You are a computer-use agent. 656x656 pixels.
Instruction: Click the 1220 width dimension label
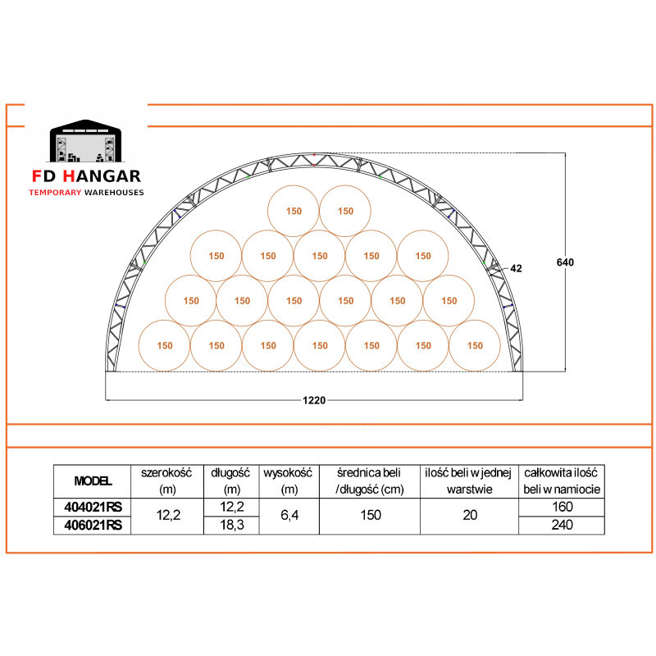point(314,400)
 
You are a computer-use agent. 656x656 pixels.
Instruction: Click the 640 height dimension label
point(565,262)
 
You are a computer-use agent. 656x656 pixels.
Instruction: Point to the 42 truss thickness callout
point(516,268)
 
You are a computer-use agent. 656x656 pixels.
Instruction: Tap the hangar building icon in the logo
point(85,141)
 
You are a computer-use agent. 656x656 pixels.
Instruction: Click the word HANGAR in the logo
point(102,176)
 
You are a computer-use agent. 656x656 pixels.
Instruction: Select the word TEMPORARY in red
point(55,193)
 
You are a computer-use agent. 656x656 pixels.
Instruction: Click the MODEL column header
point(93,481)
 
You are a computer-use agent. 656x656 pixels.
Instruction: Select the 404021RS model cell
point(93,507)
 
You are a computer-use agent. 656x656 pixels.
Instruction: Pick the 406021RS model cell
point(93,525)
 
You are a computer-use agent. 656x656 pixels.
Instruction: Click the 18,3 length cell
point(232,525)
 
